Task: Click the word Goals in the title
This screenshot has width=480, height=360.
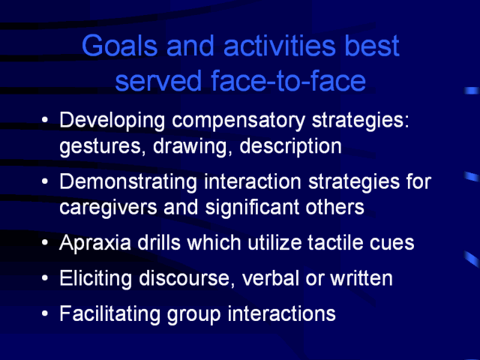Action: (x=120, y=46)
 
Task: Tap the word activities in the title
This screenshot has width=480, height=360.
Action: (x=280, y=46)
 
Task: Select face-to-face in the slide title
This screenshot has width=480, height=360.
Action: (x=288, y=80)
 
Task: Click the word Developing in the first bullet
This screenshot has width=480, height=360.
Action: (x=112, y=121)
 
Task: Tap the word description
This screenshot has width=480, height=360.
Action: (x=290, y=147)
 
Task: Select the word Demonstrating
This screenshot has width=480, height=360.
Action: (x=128, y=181)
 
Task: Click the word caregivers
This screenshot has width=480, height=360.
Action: (x=108, y=208)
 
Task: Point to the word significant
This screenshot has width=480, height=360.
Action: (x=252, y=208)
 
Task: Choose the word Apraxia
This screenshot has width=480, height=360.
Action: (x=95, y=243)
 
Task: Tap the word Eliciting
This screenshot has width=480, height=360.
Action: (x=95, y=278)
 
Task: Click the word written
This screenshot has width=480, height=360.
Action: (x=361, y=278)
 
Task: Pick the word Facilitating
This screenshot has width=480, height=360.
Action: (x=109, y=313)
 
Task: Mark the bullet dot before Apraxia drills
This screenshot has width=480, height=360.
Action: (x=45, y=243)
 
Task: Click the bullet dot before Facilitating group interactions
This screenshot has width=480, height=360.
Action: (x=45, y=313)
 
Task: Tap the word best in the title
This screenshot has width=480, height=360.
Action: (x=372, y=46)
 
